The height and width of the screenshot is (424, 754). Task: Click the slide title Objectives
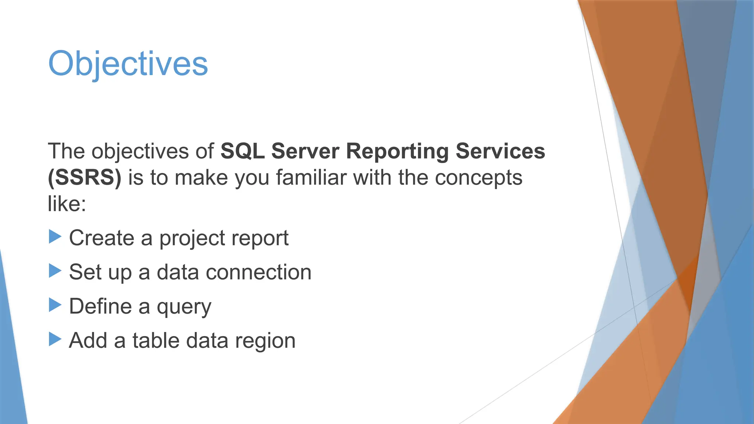click(x=128, y=64)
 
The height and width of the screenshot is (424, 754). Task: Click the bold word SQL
click(x=242, y=151)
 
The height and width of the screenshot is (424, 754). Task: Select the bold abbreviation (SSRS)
click(x=85, y=178)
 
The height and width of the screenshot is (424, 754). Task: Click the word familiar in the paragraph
click(x=311, y=178)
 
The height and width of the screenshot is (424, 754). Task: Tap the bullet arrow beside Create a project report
click(x=55, y=237)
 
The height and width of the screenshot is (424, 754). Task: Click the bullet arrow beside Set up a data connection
click(x=55, y=271)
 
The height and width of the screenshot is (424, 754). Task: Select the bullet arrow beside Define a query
click(x=55, y=305)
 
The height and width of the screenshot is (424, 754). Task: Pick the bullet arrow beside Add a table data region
click(x=55, y=339)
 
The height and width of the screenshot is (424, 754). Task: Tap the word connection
click(x=258, y=272)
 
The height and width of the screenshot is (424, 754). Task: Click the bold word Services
click(x=500, y=151)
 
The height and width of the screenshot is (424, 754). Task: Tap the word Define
click(x=100, y=306)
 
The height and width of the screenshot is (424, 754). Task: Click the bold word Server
click(x=305, y=151)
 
